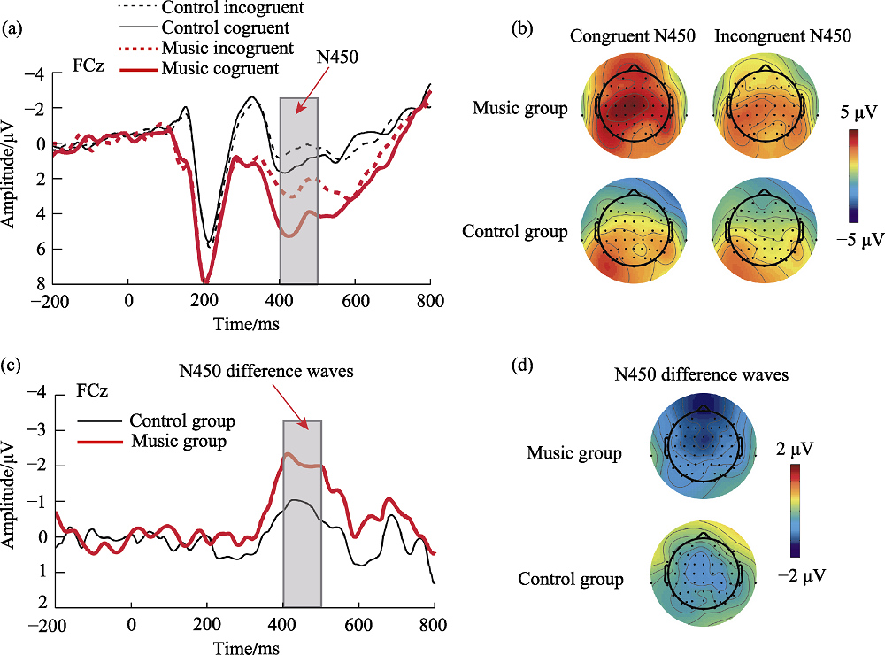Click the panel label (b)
[x=523, y=29]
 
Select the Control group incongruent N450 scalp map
[x=760, y=235]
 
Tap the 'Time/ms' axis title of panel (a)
[x=242, y=325]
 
